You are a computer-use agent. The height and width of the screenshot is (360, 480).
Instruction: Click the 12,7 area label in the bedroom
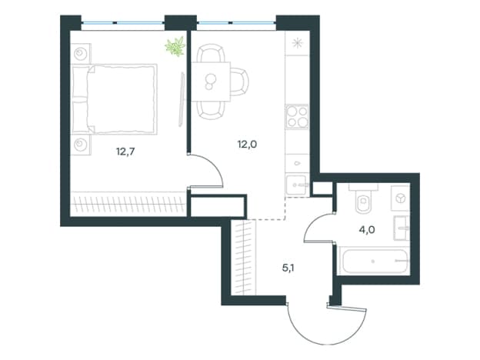pos(125,152)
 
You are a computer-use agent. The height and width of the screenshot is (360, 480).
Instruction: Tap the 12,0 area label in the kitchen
pos(247,144)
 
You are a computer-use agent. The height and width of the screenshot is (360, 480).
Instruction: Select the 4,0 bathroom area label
pos(367,229)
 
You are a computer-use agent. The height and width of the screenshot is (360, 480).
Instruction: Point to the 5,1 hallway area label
pos(288,268)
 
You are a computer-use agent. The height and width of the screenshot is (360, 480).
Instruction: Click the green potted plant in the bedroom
pos(175,46)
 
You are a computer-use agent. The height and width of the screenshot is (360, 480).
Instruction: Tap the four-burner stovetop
pos(297,117)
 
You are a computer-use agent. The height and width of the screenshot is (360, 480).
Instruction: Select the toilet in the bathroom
pos(363,198)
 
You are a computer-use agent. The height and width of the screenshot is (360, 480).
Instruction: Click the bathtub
pos(374,261)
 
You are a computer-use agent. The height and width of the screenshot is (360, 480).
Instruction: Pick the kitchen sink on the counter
pos(296,185)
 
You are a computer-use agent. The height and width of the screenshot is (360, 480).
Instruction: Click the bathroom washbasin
pos(402,228)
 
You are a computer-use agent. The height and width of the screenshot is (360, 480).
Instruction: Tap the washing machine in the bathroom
pos(400,198)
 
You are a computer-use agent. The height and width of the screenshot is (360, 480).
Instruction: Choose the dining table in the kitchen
pos(211,82)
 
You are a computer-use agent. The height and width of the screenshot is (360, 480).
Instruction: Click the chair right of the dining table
pos(239,82)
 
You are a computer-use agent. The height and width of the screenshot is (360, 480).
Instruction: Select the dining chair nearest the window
pos(211,53)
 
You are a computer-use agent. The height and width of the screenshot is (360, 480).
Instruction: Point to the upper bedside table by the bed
pos(81,54)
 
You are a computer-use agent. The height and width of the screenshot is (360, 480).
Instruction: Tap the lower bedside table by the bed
pos(81,145)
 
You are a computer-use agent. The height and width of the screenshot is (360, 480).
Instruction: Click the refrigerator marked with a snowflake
pos(297,43)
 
